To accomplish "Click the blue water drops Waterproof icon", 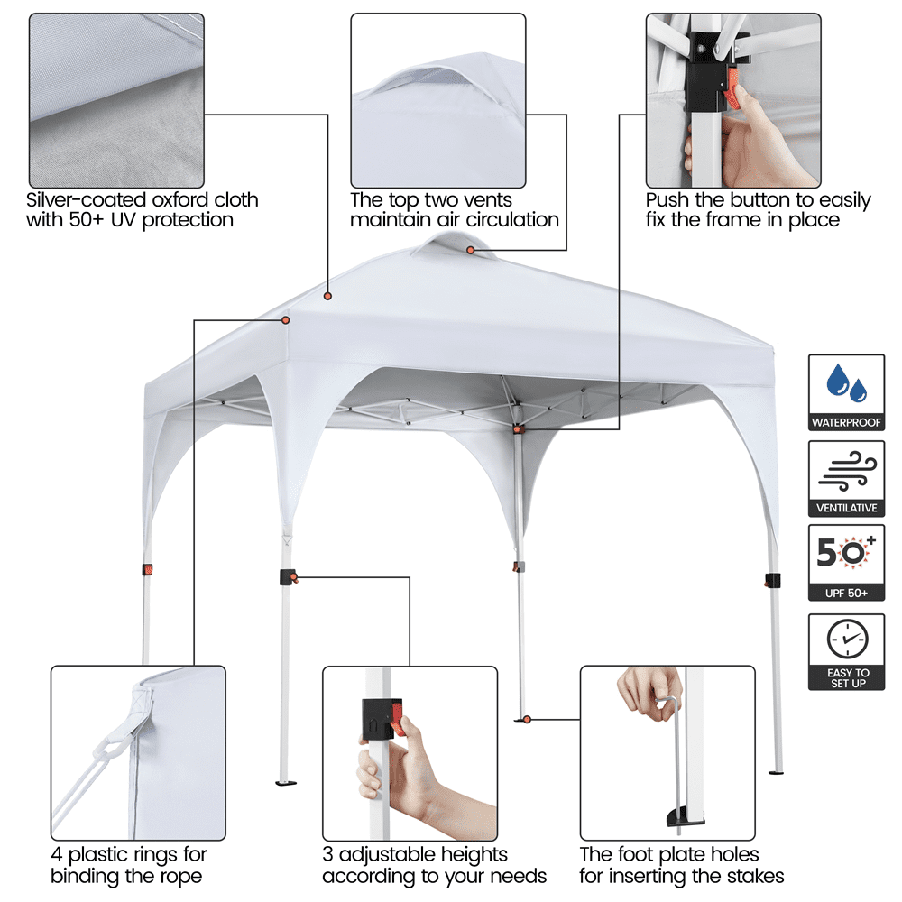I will click(x=847, y=383).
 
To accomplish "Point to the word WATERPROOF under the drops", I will click(x=847, y=422).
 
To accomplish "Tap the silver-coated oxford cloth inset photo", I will click(x=116, y=99).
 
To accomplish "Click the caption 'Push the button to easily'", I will click(x=758, y=199).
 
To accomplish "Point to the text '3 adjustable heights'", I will click(x=415, y=853).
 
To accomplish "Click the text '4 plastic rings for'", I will click(x=129, y=853).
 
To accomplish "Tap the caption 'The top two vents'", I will click(x=431, y=199).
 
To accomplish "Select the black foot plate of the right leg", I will click(x=775, y=772).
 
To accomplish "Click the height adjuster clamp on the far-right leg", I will click(x=772, y=579).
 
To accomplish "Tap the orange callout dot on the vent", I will click(x=470, y=249).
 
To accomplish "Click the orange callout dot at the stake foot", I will click(x=527, y=719).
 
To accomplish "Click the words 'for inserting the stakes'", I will click(x=681, y=875).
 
